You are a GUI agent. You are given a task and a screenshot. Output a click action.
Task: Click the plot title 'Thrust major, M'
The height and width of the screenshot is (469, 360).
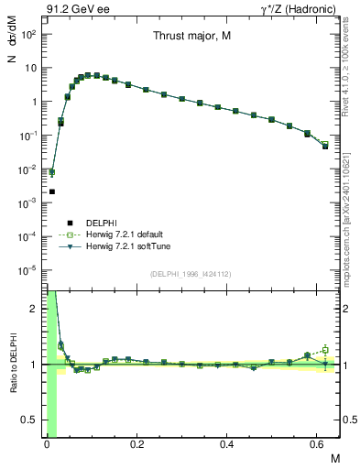click(x=191, y=37)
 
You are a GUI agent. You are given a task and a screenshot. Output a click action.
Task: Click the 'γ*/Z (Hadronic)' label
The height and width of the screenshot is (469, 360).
click(x=300, y=10)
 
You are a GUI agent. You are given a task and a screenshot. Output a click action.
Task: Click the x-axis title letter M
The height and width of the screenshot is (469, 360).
click(x=334, y=457)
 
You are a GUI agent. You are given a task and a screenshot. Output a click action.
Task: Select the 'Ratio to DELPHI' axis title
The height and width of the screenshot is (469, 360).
click(x=13, y=364)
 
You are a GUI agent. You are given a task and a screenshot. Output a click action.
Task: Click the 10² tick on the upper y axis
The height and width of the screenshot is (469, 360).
click(x=30, y=34)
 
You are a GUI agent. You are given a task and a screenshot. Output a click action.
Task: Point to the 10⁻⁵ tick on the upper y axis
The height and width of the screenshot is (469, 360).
click(x=30, y=270)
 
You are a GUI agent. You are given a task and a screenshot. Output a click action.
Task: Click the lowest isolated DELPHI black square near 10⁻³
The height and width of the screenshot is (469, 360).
click(x=52, y=191)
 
